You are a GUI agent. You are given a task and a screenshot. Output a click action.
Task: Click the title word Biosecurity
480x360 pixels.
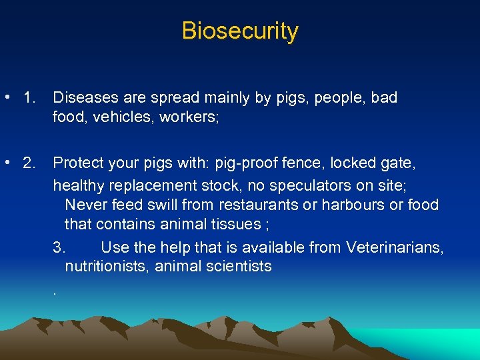(240, 31)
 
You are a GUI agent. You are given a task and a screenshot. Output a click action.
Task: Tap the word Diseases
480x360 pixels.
(82, 98)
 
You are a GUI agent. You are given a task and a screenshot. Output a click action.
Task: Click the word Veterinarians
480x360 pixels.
(395, 248)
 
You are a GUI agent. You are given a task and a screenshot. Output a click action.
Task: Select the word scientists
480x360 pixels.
(237, 267)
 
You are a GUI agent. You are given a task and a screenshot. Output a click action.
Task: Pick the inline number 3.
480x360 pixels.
(59, 248)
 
